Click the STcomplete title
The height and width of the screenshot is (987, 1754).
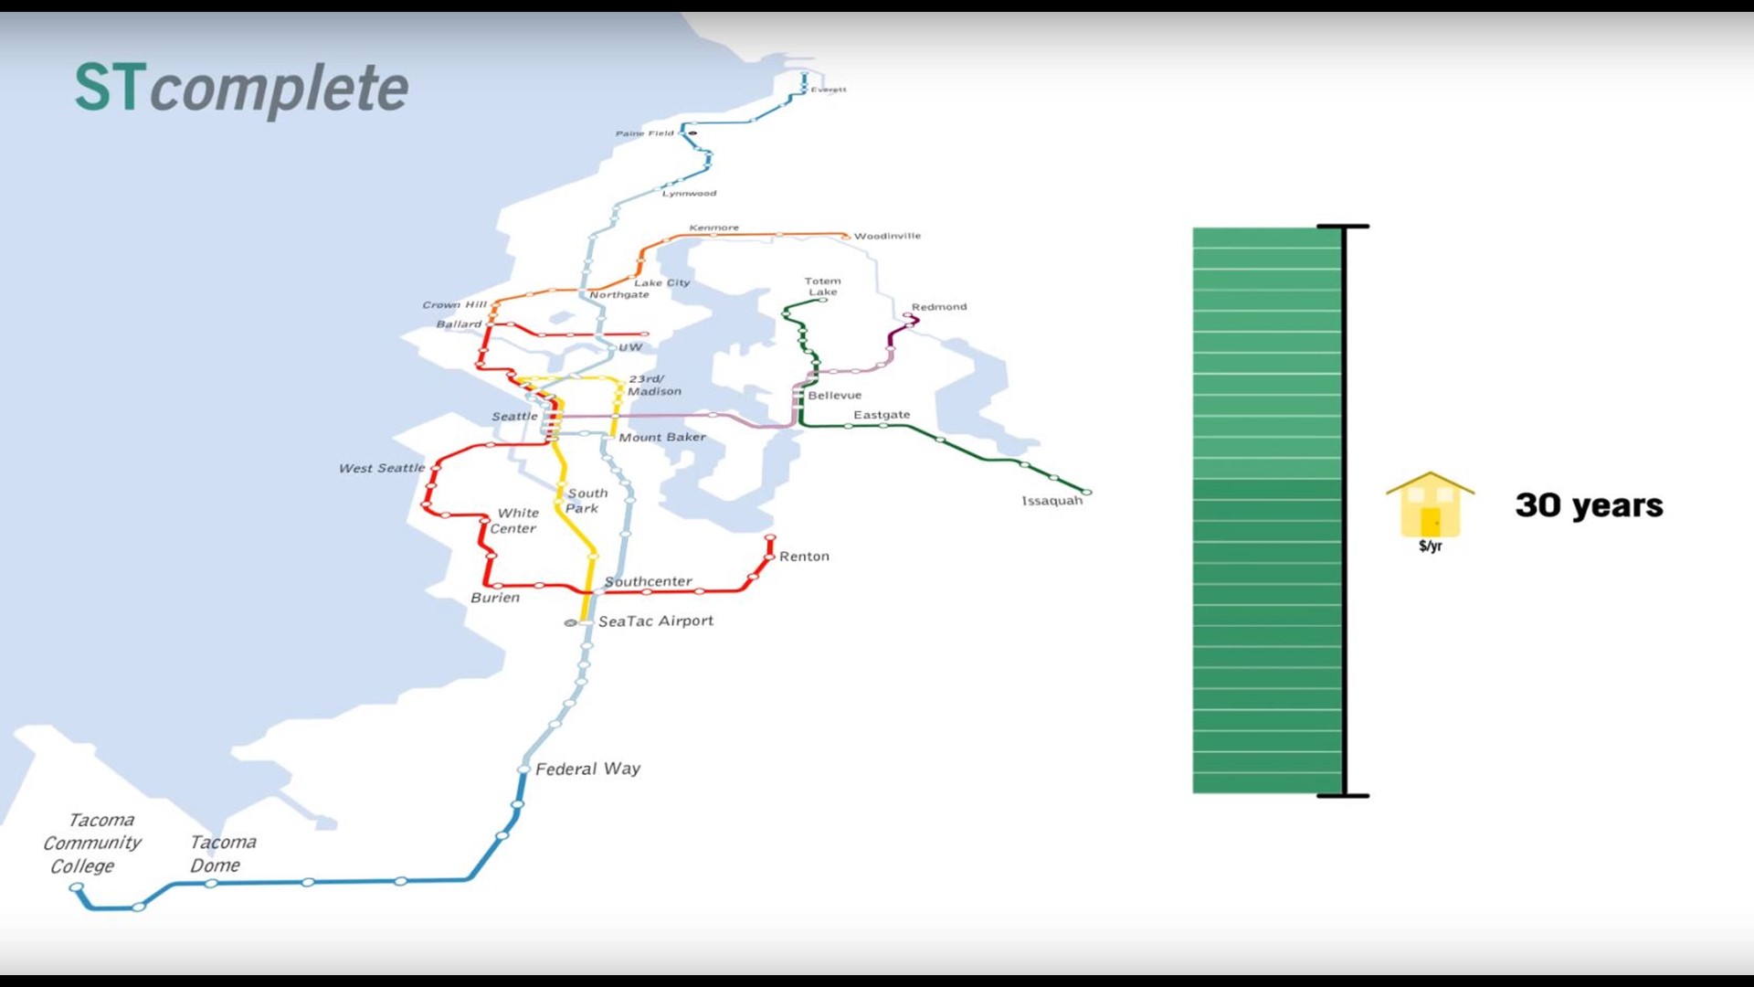241,89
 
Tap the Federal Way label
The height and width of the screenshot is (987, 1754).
587,769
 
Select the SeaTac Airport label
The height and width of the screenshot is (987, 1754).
655,621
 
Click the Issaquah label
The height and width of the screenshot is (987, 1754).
1051,501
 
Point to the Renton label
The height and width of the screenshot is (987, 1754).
804,557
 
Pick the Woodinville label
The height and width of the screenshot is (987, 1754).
887,236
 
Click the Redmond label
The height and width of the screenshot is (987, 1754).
938,307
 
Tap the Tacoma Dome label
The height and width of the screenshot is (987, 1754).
222,854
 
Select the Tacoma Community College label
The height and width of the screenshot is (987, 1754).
92,843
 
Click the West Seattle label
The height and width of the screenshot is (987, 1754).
382,468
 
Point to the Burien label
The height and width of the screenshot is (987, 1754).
495,598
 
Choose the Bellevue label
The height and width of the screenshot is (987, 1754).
834,396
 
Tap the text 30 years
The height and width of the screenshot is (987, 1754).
1589,505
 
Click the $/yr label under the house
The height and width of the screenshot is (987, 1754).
1430,547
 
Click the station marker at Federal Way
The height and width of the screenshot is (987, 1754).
523,769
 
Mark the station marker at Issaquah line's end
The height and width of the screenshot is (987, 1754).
1086,493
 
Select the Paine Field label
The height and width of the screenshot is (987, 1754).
644,133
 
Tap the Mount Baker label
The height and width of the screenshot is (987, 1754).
662,438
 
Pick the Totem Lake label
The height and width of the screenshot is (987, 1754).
822,287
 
